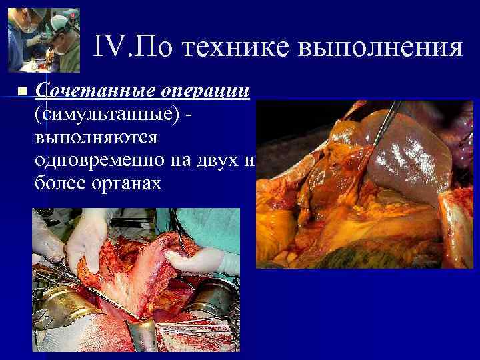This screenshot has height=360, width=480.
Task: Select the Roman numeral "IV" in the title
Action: coord(107,47)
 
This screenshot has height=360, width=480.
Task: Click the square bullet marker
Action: coord(22,91)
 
